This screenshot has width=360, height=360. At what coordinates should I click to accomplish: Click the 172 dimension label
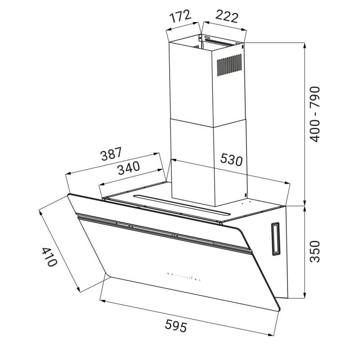[x=180, y=16]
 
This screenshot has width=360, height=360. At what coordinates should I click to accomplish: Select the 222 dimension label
[x=227, y=17]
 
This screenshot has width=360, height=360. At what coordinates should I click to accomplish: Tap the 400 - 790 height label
[x=314, y=114]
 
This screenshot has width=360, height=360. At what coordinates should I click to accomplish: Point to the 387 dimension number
[x=111, y=153]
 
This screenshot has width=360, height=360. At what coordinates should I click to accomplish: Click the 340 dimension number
[x=129, y=167]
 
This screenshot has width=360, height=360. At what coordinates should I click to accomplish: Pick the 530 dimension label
[x=231, y=159]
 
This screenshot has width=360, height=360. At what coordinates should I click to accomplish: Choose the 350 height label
[x=314, y=252]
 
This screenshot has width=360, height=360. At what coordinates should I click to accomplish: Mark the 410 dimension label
[x=49, y=257]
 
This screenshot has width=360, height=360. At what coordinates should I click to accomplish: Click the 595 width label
[x=176, y=326]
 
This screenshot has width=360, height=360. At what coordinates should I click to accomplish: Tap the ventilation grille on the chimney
[x=229, y=65]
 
